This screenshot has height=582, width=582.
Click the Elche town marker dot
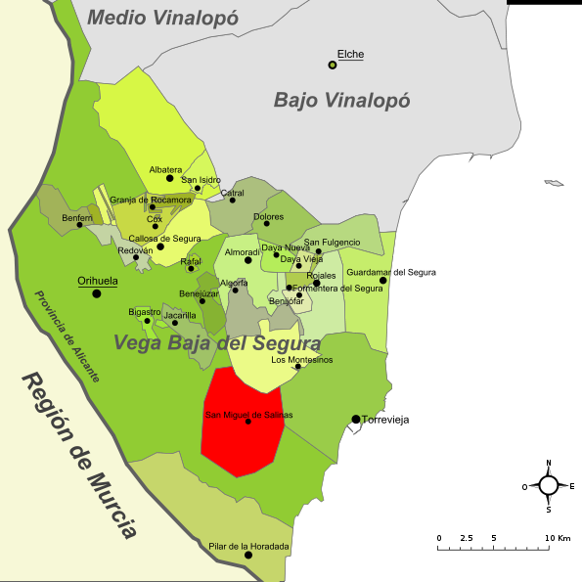tap(333, 66)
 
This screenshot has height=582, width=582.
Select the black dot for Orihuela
tap(97, 293)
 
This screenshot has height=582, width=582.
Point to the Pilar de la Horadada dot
tap(248, 556)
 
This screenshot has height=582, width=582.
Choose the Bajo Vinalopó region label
tap(341, 100)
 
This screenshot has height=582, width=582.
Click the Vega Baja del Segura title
tap(216, 343)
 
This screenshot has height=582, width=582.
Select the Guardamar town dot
tap(383, 281)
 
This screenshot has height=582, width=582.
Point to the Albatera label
tap(165, 169)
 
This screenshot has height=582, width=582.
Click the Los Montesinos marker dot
tap(297, 367)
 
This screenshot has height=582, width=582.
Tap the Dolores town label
tap(268, 216)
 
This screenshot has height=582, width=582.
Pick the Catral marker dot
tap(233, 201)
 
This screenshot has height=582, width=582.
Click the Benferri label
tap(77, 217)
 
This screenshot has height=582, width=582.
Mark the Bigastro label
tap(145, 311)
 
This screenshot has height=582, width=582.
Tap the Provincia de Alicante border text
tap(67, 336)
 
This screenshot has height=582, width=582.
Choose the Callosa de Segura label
tap(164, 239)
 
